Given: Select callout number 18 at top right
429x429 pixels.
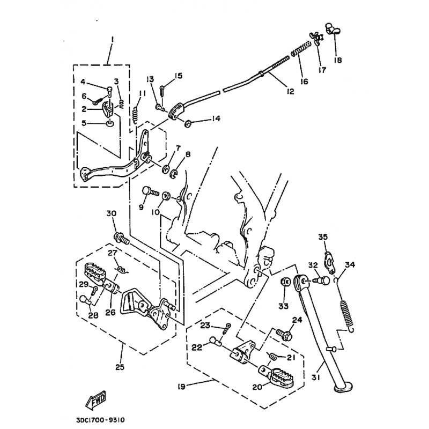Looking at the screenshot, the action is click(338, 60).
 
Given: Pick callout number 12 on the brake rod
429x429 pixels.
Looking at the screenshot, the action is click(290, 91).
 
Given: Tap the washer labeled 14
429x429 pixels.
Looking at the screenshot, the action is click(188, 124).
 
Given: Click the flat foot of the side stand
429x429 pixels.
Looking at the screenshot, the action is click(343, 388).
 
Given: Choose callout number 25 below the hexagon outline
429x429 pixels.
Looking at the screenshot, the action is click(120, 367).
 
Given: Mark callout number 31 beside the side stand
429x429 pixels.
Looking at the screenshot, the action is click(316, 378).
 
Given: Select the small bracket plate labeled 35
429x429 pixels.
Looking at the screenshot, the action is click(329, 263).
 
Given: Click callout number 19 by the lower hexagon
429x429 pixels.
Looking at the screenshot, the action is click(181, 386).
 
